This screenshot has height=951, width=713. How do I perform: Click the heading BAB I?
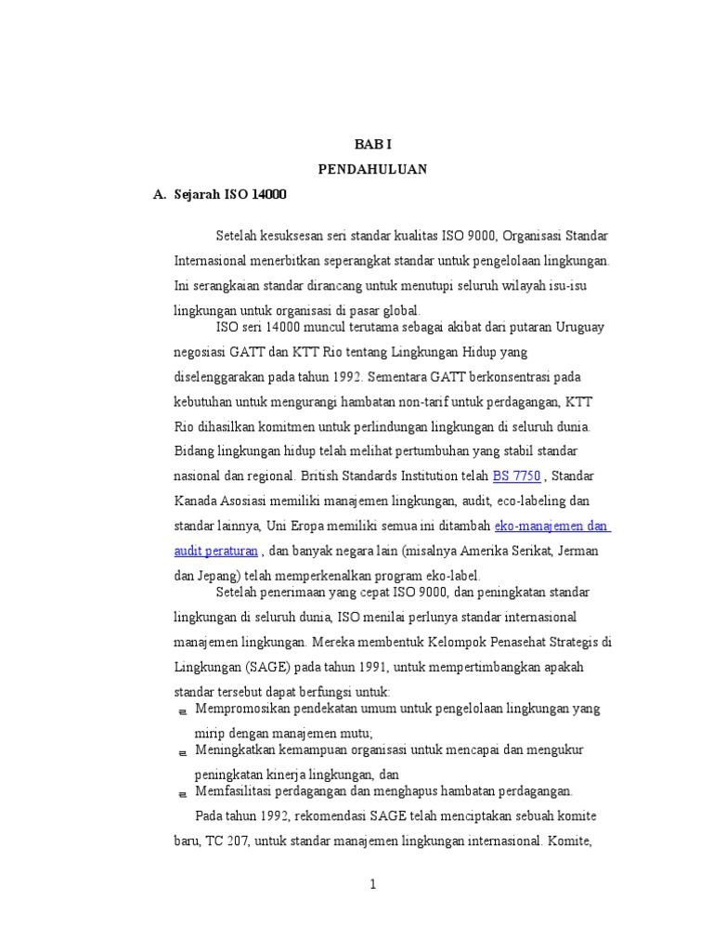click(x=372, y=146)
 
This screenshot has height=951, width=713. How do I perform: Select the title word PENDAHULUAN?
click(x=372, y=170)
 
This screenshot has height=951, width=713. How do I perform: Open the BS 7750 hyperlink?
click(x=516, y=476)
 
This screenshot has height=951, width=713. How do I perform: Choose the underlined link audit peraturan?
click(x=215, y=551)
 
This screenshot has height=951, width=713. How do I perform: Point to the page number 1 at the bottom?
click(x=372, y=884)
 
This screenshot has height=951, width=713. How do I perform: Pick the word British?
click(x=327, y=476)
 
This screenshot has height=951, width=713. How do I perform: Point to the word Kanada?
click(x=195, y=502)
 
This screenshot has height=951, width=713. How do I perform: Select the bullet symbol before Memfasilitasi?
click(x=181, y=794)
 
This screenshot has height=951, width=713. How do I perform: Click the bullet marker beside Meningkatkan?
click(x=181, y=751)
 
